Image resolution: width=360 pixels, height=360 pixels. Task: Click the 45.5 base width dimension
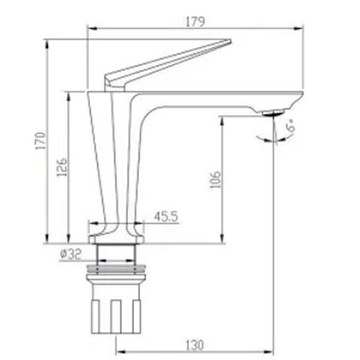pos(166,218)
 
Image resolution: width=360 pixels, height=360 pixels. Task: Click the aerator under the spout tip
pos(276,111)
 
